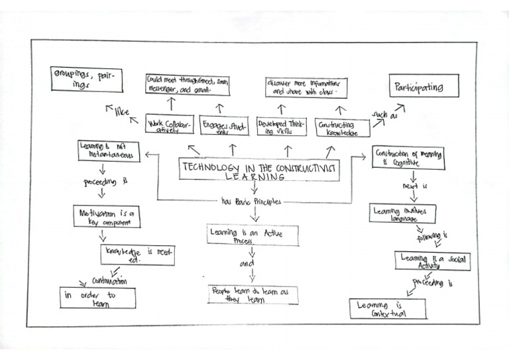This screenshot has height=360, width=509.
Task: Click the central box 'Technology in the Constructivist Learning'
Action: pos(259,170)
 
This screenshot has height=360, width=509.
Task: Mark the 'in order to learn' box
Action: pos(97,298)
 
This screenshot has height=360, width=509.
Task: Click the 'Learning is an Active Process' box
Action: pos(252,235)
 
